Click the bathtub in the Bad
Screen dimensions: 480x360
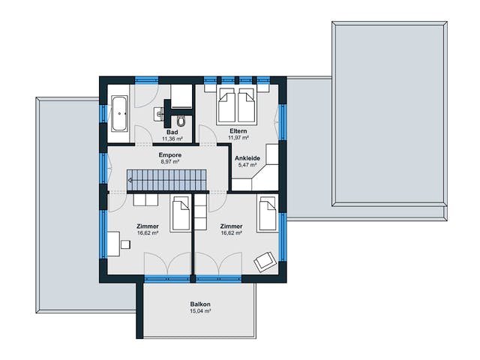click(119, 113)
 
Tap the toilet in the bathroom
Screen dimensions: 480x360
click(181, 121)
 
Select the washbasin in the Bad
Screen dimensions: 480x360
click(158, 114)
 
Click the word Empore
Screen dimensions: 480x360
click(170, 155)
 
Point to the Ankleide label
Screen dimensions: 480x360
click(247, 158)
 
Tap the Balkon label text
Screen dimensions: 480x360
click(200, 304)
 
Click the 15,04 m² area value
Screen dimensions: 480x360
click(200, 311)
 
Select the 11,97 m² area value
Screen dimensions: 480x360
click(238, 138)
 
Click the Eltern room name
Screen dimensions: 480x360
click(238, 131)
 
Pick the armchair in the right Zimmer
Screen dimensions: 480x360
click(265, 262)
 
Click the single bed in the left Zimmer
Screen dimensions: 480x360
click(181, 214)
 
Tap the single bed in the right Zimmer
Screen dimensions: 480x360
click(268, 213)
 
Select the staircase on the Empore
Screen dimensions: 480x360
click(167, 180)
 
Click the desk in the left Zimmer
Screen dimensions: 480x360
click(113, 244)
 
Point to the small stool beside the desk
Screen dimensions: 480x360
click(125, 244)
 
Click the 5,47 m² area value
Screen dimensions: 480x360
click(247, 165)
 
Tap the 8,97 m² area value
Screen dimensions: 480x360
click(170, 162)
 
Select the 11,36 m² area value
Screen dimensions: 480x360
click(172, 139)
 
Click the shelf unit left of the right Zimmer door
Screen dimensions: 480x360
click(201, 212)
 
